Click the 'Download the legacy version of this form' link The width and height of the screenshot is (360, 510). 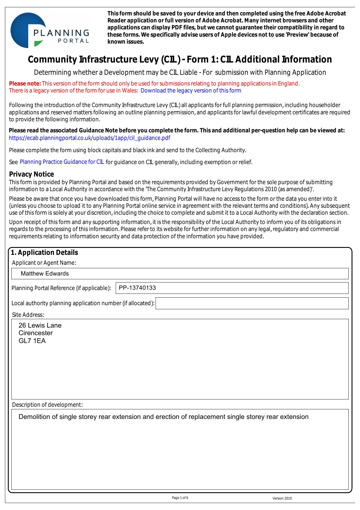pyautogui.click(x=191, y=90)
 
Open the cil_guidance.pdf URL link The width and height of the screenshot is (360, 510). pyautogui.click(x=90, y=138)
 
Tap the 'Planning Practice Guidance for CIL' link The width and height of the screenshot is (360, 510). pyautogui.click(x=62, y=162)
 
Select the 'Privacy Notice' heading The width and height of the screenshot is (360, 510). pyautogui.click(x=31, y=174)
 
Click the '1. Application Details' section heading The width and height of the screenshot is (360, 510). pyautogui.click(x=44, y=253)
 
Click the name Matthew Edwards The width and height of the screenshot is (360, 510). pyautogui.click(x=45, y=273)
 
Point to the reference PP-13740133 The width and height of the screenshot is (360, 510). pyautogui.click(x=137, y=288)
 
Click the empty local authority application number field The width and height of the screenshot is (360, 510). pyautogui.click(x=252, y=303)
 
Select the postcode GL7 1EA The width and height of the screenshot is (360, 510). pyautogui.click(x=32, y=341)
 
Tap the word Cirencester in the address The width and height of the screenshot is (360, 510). pyautogui.click(x=35, y=333)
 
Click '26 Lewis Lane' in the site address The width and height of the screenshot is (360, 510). pyautogui.click(x=40, y=325)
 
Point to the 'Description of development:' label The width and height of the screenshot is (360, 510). pyautogui.click(x=47, y=405)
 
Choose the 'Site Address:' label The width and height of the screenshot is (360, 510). pyautogui.click(x=28, y=315)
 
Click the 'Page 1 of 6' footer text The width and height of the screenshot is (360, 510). pyautogui.click(x=180, y=498)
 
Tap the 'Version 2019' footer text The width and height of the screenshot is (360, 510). pyautogui.click(x=282, y=498)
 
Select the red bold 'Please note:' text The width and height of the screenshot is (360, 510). pyautogui.click(x=25, y=83)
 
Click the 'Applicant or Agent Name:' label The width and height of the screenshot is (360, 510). pyautogui.click(x=44, y=263)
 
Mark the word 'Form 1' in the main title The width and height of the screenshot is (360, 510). pyautogui.click(x=201, y=59)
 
